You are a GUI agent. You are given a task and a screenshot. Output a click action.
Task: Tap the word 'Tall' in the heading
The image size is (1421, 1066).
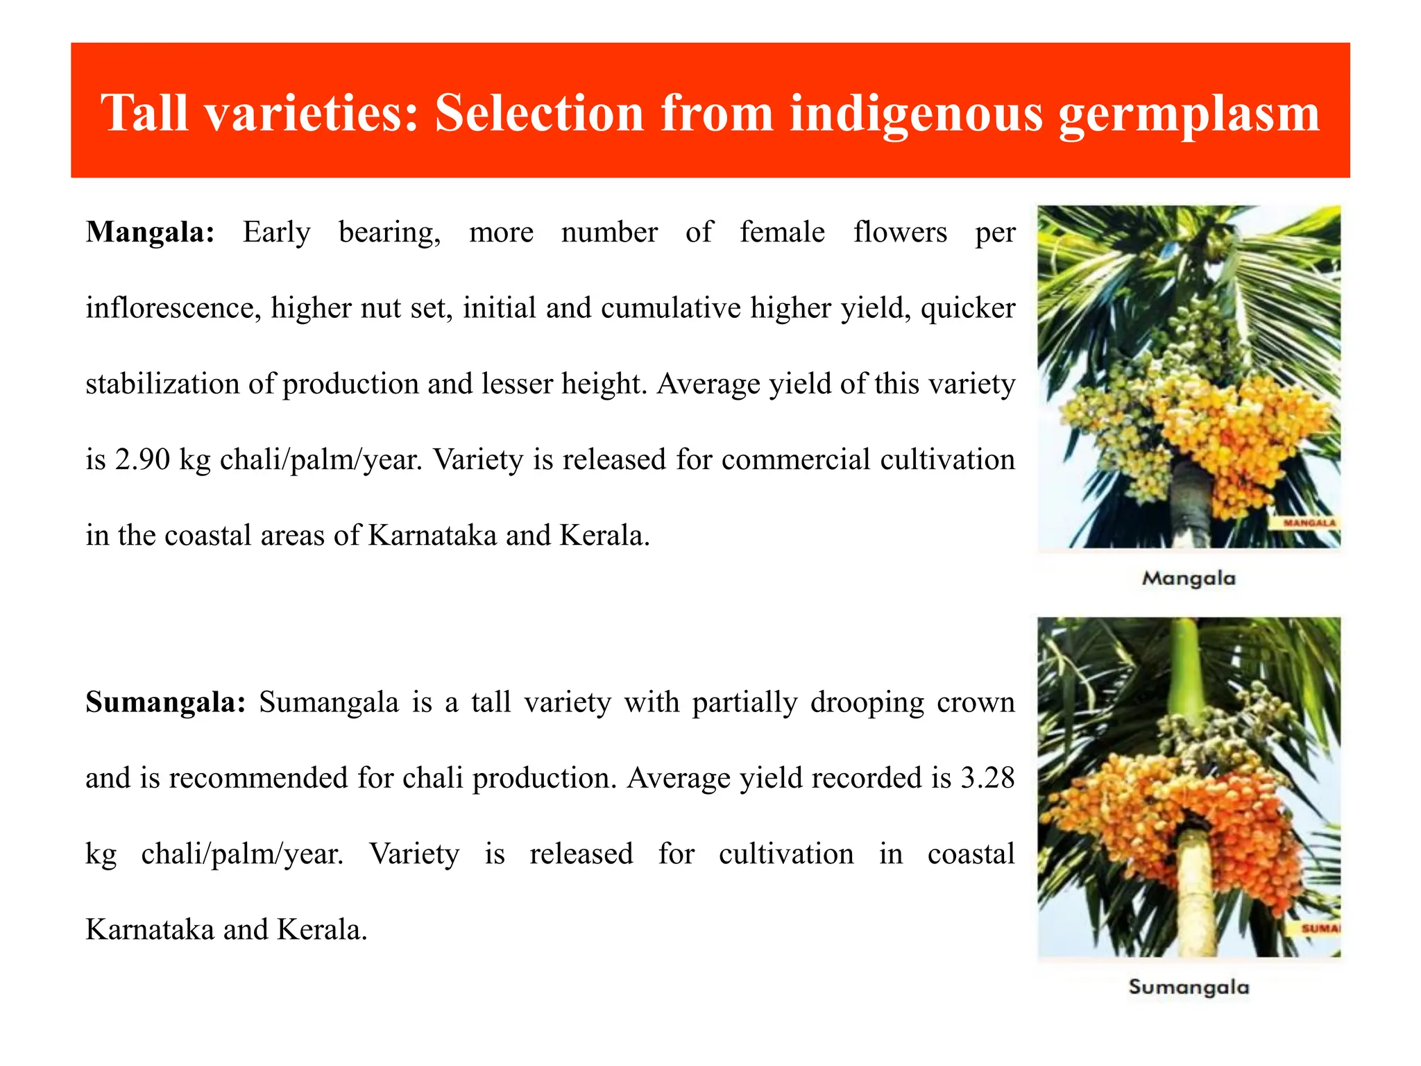coord(145,112)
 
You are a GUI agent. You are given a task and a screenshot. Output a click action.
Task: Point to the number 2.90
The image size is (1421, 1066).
coord(142,459)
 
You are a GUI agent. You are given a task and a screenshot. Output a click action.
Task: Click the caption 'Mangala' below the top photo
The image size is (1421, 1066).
coord(1189,578)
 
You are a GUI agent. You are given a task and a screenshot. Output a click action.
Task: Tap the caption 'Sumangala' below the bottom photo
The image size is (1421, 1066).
coord(1189,987)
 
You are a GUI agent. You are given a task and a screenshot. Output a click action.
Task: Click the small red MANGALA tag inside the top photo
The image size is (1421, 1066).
coord(1309,523)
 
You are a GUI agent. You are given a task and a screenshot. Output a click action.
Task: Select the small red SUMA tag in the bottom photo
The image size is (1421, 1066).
coord(1320,929)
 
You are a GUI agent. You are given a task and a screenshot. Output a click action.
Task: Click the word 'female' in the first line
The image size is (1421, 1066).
coord(782,232)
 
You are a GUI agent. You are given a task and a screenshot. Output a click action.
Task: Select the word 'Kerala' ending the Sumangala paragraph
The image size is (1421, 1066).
coord(321,930)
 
